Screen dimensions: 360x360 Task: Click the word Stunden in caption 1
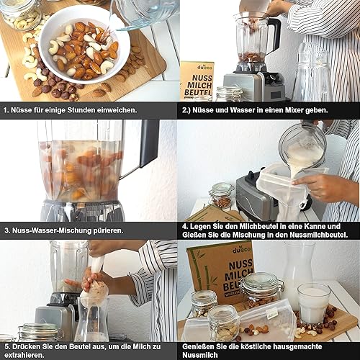81,110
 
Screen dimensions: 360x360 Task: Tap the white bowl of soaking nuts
84,45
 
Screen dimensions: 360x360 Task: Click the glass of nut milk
314,304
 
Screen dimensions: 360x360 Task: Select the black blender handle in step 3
149,144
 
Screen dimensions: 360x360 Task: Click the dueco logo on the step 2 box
204,68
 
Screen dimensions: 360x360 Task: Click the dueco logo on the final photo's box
241,250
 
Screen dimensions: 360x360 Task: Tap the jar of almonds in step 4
221,196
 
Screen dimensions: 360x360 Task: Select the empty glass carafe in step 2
312,72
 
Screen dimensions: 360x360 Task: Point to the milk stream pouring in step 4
297,168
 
